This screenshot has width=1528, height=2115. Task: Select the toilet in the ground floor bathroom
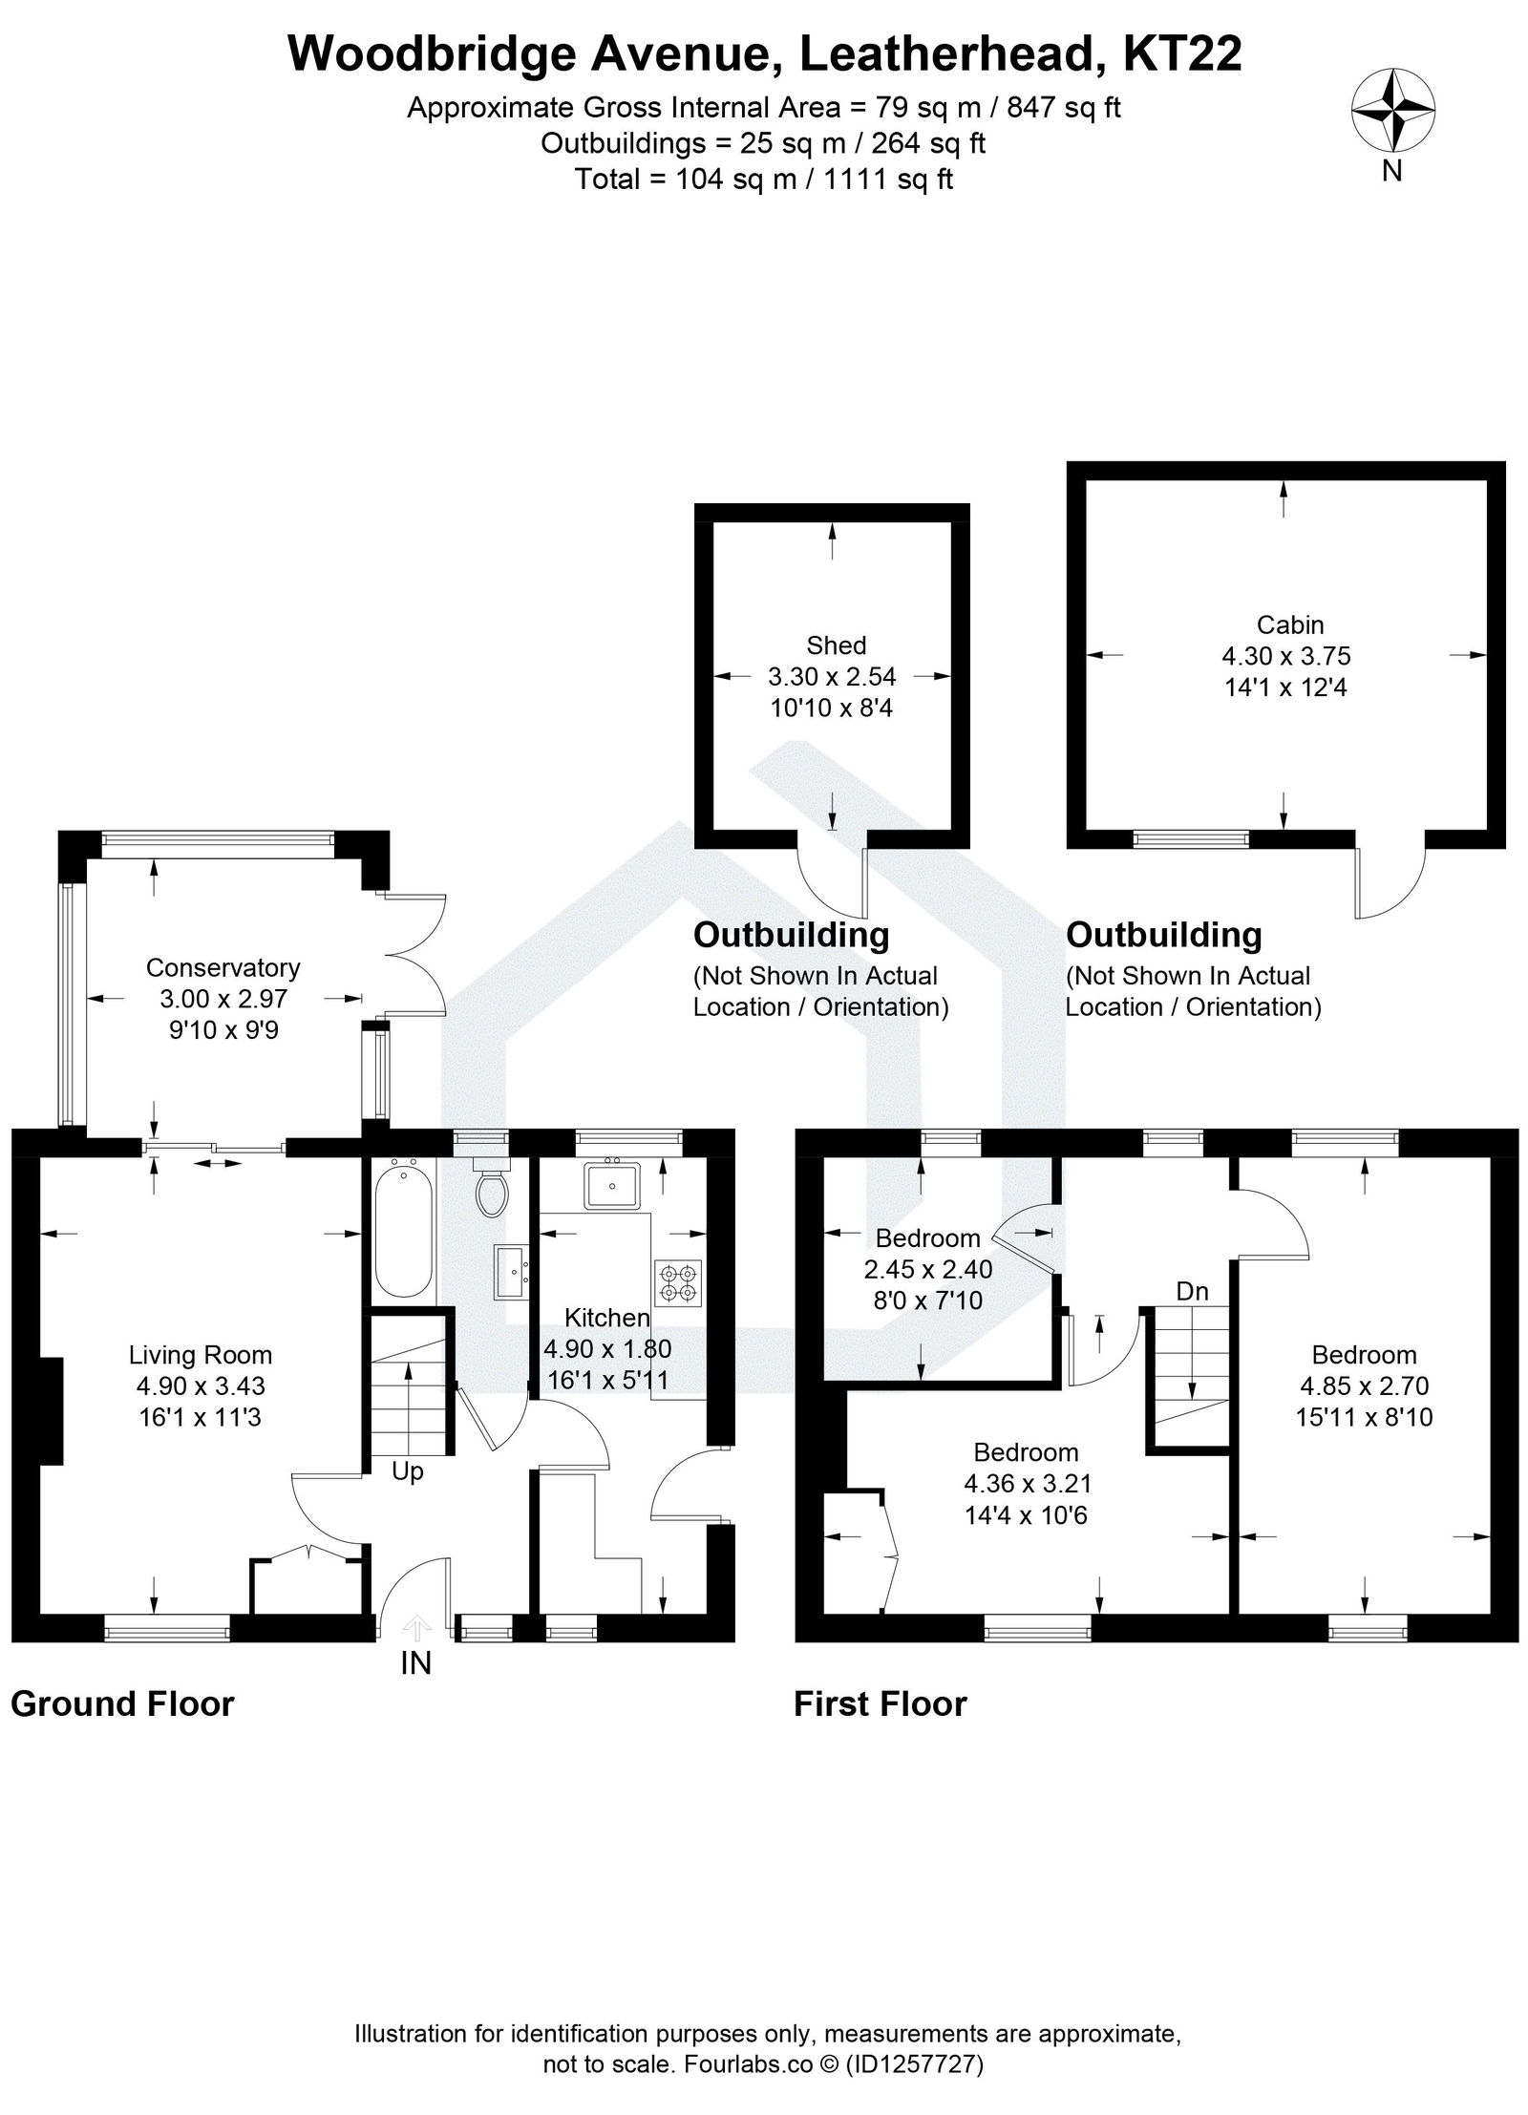491,1190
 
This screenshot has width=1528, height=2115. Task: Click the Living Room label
201,1355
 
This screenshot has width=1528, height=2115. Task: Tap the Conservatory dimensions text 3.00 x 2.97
223,999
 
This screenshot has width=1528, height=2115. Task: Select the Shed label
836,645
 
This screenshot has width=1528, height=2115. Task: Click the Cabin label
1289,624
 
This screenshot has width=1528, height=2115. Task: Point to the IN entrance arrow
416,1627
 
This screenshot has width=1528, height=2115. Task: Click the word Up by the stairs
408,1471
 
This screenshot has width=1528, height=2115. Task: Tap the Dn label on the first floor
1192,1292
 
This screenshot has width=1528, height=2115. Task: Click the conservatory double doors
417,954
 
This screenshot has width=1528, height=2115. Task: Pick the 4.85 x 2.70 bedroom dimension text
1364,1385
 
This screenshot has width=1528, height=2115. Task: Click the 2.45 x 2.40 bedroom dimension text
927,1269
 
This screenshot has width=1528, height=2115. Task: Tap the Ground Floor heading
122,1704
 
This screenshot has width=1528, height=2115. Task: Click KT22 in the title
1182,54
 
